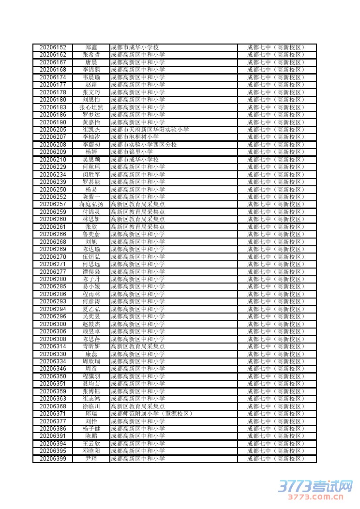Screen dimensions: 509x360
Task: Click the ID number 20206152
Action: coord(53,47)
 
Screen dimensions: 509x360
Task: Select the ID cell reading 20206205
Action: coord(53,130)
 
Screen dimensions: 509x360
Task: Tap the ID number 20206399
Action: coord(53,459)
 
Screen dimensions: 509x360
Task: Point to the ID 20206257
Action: coord(53,204)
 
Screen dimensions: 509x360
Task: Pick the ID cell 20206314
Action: coord(53,346)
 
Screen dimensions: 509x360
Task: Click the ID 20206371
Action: coord(53,414)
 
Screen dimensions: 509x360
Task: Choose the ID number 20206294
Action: coord(53,309)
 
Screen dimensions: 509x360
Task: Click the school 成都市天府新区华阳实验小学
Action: coord(150,130)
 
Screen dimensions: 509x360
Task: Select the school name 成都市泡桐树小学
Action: coord(135,137)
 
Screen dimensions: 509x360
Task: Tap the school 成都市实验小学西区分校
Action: coord(144,145)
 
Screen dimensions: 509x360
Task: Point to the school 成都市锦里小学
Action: coord(132,152)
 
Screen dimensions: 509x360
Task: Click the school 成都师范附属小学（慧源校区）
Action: coord(151,414)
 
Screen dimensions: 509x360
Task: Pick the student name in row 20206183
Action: coord(91,107)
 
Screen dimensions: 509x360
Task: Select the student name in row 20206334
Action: coord(91,361)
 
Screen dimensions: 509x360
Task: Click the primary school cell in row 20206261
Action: coord(137,227)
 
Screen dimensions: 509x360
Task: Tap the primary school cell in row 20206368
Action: coord(137,406)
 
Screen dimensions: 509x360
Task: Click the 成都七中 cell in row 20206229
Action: coord(276,167)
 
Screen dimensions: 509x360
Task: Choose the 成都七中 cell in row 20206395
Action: coord(276,451)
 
